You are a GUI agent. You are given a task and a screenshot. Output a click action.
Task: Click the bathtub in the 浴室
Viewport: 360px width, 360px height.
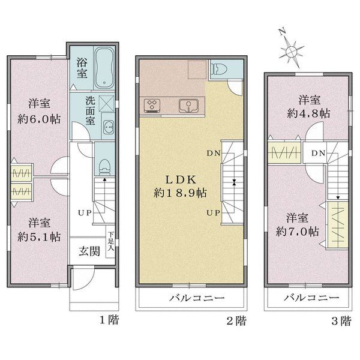click(104, 68)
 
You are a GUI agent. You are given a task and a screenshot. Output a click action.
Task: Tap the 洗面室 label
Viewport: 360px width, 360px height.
click(90, 111)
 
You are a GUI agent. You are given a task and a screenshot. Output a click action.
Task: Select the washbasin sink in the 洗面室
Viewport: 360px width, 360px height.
click(109, 127)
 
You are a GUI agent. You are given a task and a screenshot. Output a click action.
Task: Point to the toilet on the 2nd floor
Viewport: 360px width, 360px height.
click(219, 69)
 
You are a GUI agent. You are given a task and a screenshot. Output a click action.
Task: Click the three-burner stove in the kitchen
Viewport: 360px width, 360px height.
click(152, 106)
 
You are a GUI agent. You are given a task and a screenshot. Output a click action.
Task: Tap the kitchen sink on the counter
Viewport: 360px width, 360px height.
click(189, 106)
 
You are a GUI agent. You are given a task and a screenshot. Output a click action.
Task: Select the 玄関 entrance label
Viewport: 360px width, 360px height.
click(89, 251)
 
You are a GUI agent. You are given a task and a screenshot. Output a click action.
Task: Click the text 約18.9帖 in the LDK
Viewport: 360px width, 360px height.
click(180, 193)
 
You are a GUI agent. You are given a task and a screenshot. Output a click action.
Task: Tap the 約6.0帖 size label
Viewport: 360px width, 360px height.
click(39, 119)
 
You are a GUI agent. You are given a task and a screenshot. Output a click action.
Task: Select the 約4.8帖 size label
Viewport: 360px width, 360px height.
click(309, 113)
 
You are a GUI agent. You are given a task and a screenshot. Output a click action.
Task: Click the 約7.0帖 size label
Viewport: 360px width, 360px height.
click(297, 232)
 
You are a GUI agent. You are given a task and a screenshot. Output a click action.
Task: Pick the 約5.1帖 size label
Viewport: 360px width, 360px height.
click(39, 236)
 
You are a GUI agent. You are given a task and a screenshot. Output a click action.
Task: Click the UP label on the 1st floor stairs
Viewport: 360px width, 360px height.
click(85, 213)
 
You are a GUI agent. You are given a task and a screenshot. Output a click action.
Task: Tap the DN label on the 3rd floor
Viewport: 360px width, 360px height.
click(318, 153)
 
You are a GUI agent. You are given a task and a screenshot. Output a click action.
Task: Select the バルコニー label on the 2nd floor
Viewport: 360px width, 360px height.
click(197, 298)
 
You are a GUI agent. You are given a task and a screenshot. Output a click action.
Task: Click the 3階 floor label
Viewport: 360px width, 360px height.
click(341, 321)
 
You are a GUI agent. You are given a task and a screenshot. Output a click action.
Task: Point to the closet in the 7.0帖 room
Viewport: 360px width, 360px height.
click(338, 224)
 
